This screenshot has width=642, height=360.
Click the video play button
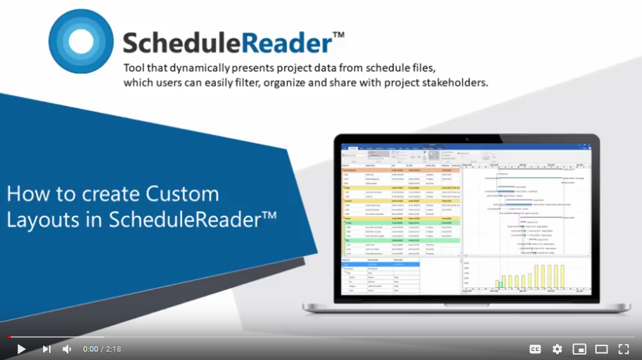[21, 348]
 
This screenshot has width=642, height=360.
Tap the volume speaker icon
[67, 348]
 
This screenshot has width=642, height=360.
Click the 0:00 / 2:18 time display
[102, 348]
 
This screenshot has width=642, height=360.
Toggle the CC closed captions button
[535, 348]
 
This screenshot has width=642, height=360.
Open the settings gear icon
[558, 348]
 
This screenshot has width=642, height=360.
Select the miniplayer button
[580, 348]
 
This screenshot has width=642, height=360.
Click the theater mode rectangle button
[601, 348]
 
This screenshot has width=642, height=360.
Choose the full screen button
[624, 348]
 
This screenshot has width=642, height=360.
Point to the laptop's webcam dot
[465, 139]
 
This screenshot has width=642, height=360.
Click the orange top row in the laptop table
[399, 170]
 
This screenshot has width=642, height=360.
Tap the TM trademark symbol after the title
[338, 35]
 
